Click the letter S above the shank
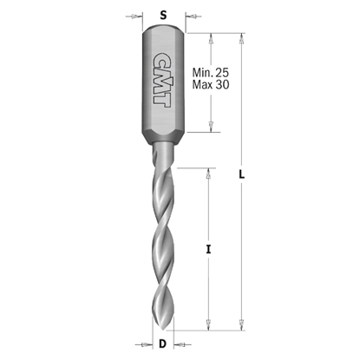[163, 15]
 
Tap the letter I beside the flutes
[208, 250]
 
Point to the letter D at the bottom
[163, 346]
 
